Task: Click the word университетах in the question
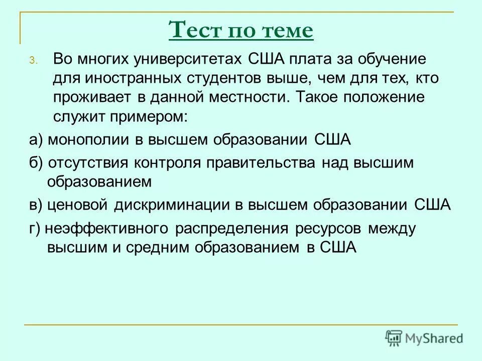(x=189, y=59)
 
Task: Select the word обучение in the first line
(x=394, y=59)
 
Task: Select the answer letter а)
(x=36, y=140)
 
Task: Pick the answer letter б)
(x=36, y=163)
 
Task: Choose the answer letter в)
(x=36, y=205)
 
